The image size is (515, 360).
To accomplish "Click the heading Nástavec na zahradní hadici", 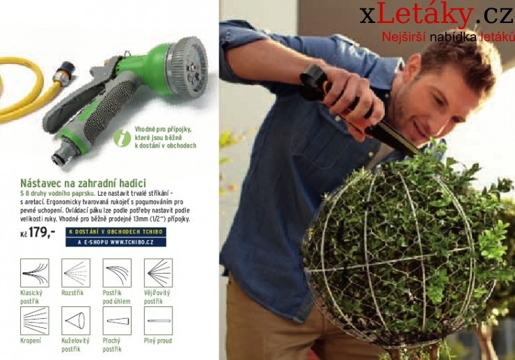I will tap(83, 183).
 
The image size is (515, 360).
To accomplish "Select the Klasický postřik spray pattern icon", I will tap(34, 273).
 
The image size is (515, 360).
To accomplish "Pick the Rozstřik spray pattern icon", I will tap(76, 273).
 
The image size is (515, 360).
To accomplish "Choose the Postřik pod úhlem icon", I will tap(117, 273).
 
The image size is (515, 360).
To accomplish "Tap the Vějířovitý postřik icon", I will tap(158, 273).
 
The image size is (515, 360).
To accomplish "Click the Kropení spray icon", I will tap(34, 320).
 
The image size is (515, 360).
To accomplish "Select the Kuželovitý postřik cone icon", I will tap(76, 320).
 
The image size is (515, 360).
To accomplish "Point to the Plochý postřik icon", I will tap(117, 320).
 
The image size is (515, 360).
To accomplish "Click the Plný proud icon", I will tap(158, 320).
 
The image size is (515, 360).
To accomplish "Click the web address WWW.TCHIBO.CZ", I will tap(131, 242).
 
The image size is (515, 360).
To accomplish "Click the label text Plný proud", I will tap(158, 341).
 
